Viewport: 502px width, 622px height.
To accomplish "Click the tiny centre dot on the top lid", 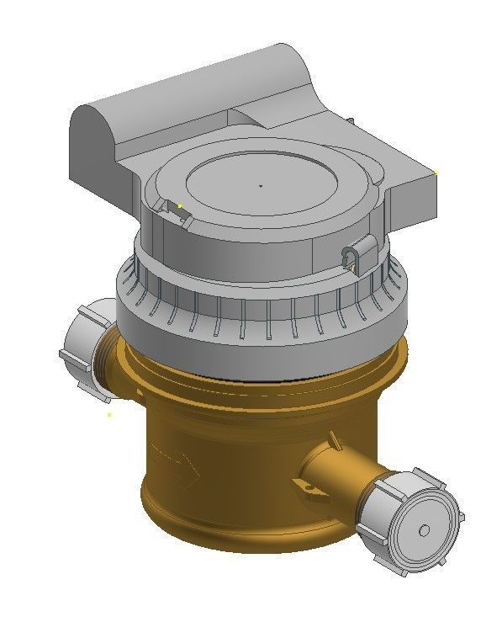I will [x=261, y=185].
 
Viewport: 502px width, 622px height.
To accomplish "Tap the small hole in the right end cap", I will [x=424, y=529].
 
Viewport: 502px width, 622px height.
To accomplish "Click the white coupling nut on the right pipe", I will [x=410, y=518].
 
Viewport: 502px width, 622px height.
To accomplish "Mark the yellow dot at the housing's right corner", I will [x=436, y=173].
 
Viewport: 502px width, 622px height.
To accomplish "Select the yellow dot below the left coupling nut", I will [x=109, y=414].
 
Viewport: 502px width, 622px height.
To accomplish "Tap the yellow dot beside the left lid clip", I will [x=180, y=205].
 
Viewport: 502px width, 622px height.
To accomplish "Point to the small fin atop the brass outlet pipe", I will [x=335, y=439].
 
